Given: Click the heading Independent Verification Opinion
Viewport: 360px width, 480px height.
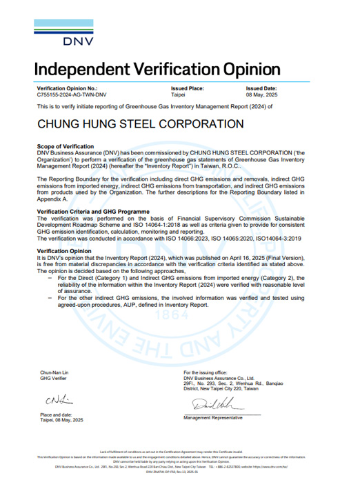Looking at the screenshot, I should pos(157,69).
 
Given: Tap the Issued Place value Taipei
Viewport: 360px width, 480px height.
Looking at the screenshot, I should pos(178,94).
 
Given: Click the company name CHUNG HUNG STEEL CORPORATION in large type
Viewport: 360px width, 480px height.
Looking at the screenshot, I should pos(130,125).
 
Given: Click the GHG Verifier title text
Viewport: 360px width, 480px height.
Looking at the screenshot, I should pos(54,378).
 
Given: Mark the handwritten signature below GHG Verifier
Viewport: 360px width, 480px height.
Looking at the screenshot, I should pos(54,399).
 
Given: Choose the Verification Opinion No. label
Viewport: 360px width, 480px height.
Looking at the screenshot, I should pos(67,89).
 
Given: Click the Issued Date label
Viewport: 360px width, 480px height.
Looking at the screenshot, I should pos(261,89).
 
